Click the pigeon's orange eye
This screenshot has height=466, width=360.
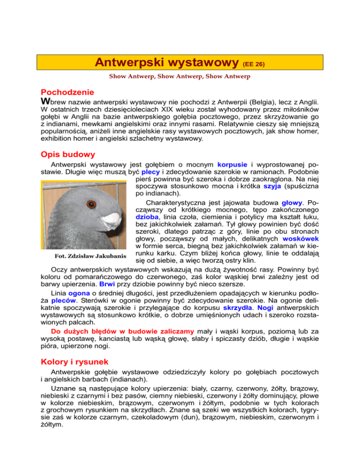pyautogui.click(x=91, y=204)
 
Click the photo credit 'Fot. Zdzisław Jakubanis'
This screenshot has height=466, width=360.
pyautogui.click(x=84, y=256)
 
